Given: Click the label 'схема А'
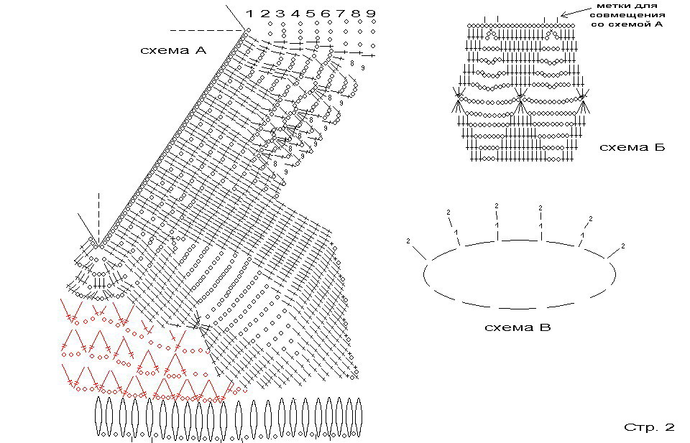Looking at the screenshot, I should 173,50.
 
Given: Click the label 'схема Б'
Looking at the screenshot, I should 632,148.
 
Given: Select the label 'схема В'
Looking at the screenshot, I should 517,328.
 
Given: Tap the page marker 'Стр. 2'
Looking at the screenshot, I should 649,427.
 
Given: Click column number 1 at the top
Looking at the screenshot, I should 249,14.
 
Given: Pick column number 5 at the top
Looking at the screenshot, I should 310,14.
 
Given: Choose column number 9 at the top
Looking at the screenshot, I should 371,14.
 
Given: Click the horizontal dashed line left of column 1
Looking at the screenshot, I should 206,30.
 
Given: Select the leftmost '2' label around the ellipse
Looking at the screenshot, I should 408,240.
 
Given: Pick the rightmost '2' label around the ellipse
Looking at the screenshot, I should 623,246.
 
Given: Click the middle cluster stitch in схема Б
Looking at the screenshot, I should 520,100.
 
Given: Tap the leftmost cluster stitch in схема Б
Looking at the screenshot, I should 458,99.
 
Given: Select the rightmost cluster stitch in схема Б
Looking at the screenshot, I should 583,100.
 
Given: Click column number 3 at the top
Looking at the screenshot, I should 280,14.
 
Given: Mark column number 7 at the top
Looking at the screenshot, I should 341,14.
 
